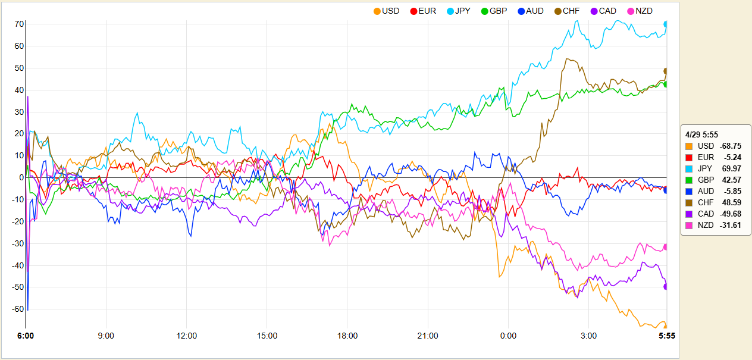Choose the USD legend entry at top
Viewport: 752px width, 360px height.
(386, 11)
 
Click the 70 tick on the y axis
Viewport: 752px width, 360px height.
(19, 24)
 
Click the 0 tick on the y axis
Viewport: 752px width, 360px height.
(21, 177)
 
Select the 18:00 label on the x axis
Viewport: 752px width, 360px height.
(347, 336)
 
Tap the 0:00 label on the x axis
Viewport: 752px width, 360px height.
(508, 336)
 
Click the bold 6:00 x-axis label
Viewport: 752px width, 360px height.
(26, 336)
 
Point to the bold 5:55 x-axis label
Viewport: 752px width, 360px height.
(666, 336)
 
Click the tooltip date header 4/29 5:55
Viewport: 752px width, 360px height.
(701, 134)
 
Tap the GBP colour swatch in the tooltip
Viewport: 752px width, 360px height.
(689, 180)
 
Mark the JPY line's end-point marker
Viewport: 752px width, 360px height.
(666, 24)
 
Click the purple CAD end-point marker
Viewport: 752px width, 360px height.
(666, 286)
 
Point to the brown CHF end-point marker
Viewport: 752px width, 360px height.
(666, 71)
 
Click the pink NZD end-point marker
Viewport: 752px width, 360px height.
(666, 247)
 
